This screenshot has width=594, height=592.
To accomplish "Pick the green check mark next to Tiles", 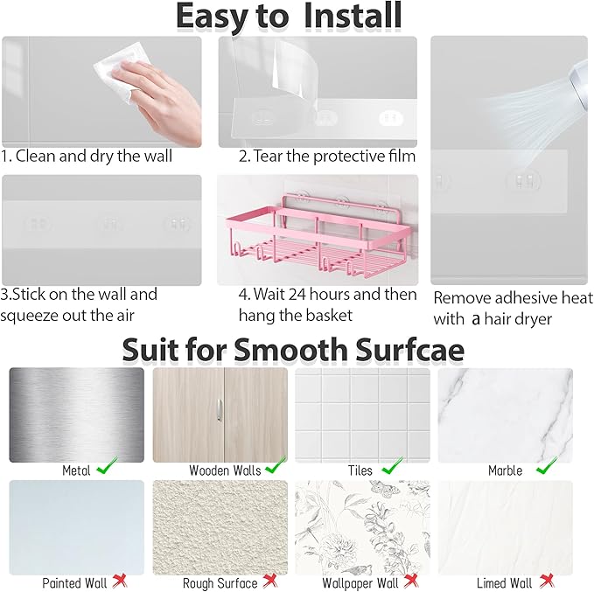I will [392, 467].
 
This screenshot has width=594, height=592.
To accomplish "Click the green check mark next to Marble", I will [544, 467].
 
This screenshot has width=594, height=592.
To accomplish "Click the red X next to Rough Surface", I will [270, 581].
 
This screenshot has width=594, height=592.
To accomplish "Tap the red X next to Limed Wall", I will [547, 581].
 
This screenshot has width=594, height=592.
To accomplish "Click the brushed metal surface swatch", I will [76, 414].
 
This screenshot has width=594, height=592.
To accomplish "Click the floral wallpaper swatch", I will [361, 527].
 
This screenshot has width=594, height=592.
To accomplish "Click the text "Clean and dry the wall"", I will [94, 157].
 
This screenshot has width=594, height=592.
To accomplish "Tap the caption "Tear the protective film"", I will [333, 157].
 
